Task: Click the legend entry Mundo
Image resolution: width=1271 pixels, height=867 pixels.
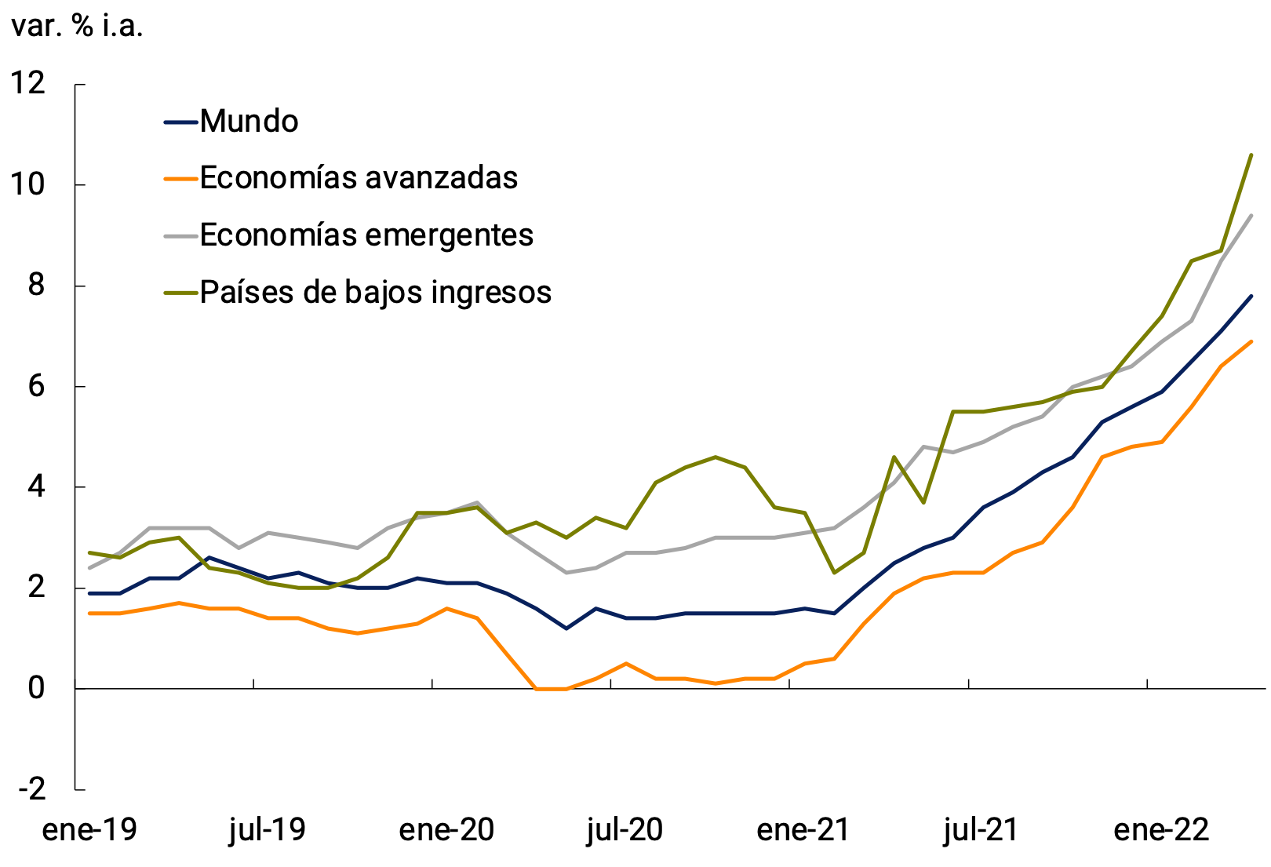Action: tap(249, 122)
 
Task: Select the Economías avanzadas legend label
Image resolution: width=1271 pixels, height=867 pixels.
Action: tap(359, 178)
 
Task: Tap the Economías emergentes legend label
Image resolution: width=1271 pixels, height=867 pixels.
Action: tap(366, 235)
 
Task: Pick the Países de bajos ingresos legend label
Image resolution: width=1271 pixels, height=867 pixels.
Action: tap(376, 293)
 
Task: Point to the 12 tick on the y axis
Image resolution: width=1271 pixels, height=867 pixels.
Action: tap(27, 83)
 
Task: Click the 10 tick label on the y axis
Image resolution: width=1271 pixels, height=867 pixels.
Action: tap(27, 184)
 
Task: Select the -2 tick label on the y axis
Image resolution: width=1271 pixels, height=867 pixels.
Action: tap(31, 789)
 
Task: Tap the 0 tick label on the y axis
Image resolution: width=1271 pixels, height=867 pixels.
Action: tap(36, 688)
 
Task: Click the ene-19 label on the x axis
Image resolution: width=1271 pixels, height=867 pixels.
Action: tap(89, 830)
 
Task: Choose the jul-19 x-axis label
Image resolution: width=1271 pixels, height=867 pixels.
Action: tap(268, 830)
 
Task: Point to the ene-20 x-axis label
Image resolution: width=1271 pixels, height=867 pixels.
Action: tap(446, 830)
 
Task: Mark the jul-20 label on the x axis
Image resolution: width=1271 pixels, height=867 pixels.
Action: tap(625, 830)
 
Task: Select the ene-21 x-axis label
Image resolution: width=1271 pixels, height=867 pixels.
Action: tap(803, 830)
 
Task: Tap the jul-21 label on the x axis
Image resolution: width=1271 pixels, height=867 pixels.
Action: tap(981, 830)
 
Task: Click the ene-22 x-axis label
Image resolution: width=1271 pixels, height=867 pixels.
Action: tap(1161, 830)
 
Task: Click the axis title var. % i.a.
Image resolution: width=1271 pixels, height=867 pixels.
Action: tap(77, 27)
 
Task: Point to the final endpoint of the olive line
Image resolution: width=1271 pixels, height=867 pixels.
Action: tap(1251, 155)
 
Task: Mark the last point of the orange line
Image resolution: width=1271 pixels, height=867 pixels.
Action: tap(1251, 341)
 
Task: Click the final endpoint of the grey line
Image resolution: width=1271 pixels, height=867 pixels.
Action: tap(1251, 215)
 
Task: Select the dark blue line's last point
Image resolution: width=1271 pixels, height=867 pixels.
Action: tap(1251, 296)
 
